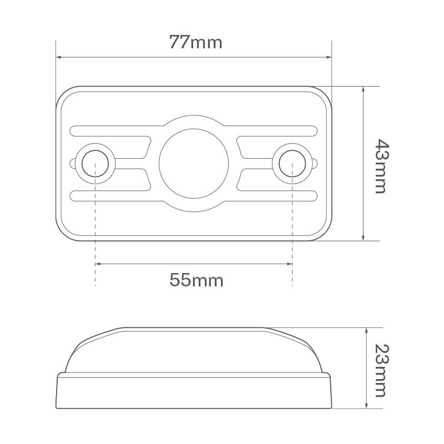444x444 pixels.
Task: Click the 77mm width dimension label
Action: click(x=195, y=42)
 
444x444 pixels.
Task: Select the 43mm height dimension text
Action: click(x=379, y=165)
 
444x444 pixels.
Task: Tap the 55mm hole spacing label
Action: click(x=196, y=280)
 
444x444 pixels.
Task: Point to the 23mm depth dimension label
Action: click(x=379, y=370)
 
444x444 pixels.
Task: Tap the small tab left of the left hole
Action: click(x=73, y=164)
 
